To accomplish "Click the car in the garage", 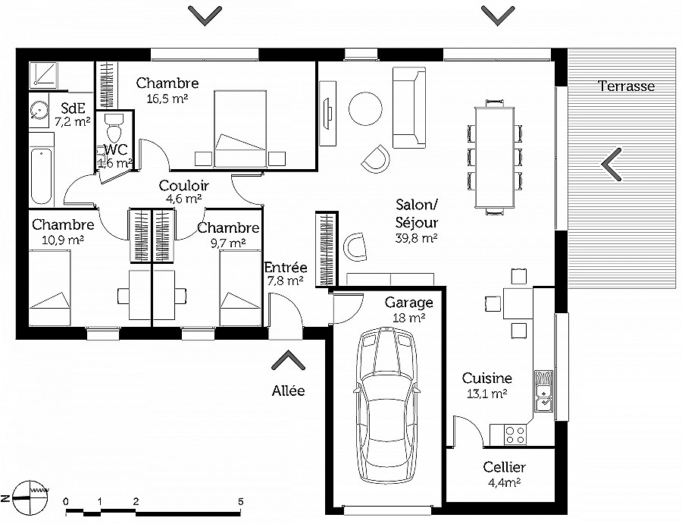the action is pyautogui.click(x=387, y=405).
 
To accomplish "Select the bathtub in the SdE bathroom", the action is pyautogui.click(x=42, y=175).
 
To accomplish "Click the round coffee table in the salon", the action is pyautogui.click(x=365, y=108).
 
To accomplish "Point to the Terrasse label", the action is pyautogui.click(x=627, y=86).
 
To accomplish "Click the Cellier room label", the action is pyautogui.click(x=505, y=467).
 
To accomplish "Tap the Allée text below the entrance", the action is pyautogui.click(x=289, y=391).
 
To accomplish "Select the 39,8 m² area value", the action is pyautogui.click(x=416, y=238).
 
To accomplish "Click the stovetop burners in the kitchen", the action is pyautogui.click(x=515, y=435).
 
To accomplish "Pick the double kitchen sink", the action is pyautogui.click(x=543, y=391).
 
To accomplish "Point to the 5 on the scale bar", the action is pyautogui.click(x=240, y=501).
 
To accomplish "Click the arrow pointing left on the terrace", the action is pyautogui.click(x=611, y=164).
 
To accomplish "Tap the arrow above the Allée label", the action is pyautogui.click(x=288, y=361).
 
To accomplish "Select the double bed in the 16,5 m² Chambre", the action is pyautogui.click(x=240, y=128).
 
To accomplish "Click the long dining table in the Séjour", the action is pyautogui.click(x=495, y=157).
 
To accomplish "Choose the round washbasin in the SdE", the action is pyautogui.click(x=39, y=110).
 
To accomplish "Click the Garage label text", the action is pyautogui.click(x=409, y=302).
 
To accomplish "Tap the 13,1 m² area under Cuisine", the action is pyautogui.click(x=486, y=394).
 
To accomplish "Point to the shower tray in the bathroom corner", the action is pyautogui.click(x=43, y=74).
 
